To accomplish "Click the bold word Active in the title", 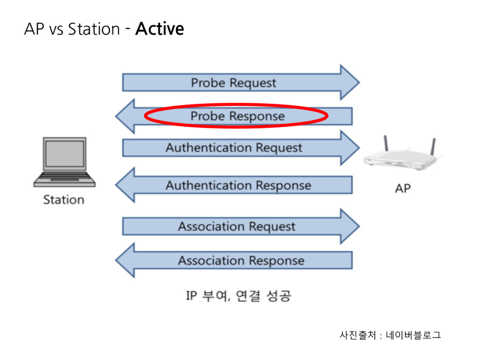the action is coord(159,29).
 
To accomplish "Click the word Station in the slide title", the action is coord(94,29).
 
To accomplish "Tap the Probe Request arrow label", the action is coord(233,82).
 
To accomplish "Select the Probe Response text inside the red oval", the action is coord(238,116).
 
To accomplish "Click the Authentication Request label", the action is coord(234,148).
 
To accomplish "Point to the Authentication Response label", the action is coord(239,185).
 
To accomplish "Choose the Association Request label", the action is coord(237,226).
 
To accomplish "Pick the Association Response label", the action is coord(241,261).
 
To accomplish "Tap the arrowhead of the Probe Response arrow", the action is coord(125,116).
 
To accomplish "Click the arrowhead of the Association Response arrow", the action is coord(125,260).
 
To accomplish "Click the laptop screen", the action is coord(65,154).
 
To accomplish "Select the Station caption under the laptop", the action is coord(64,200).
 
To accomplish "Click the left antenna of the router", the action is coord(386,143).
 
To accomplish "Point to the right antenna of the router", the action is coord(433,147).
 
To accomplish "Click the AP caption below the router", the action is coord(403,188).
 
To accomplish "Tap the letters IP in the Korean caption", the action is coord(191,296).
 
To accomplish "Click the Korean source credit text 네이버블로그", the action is coord(413,335).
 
